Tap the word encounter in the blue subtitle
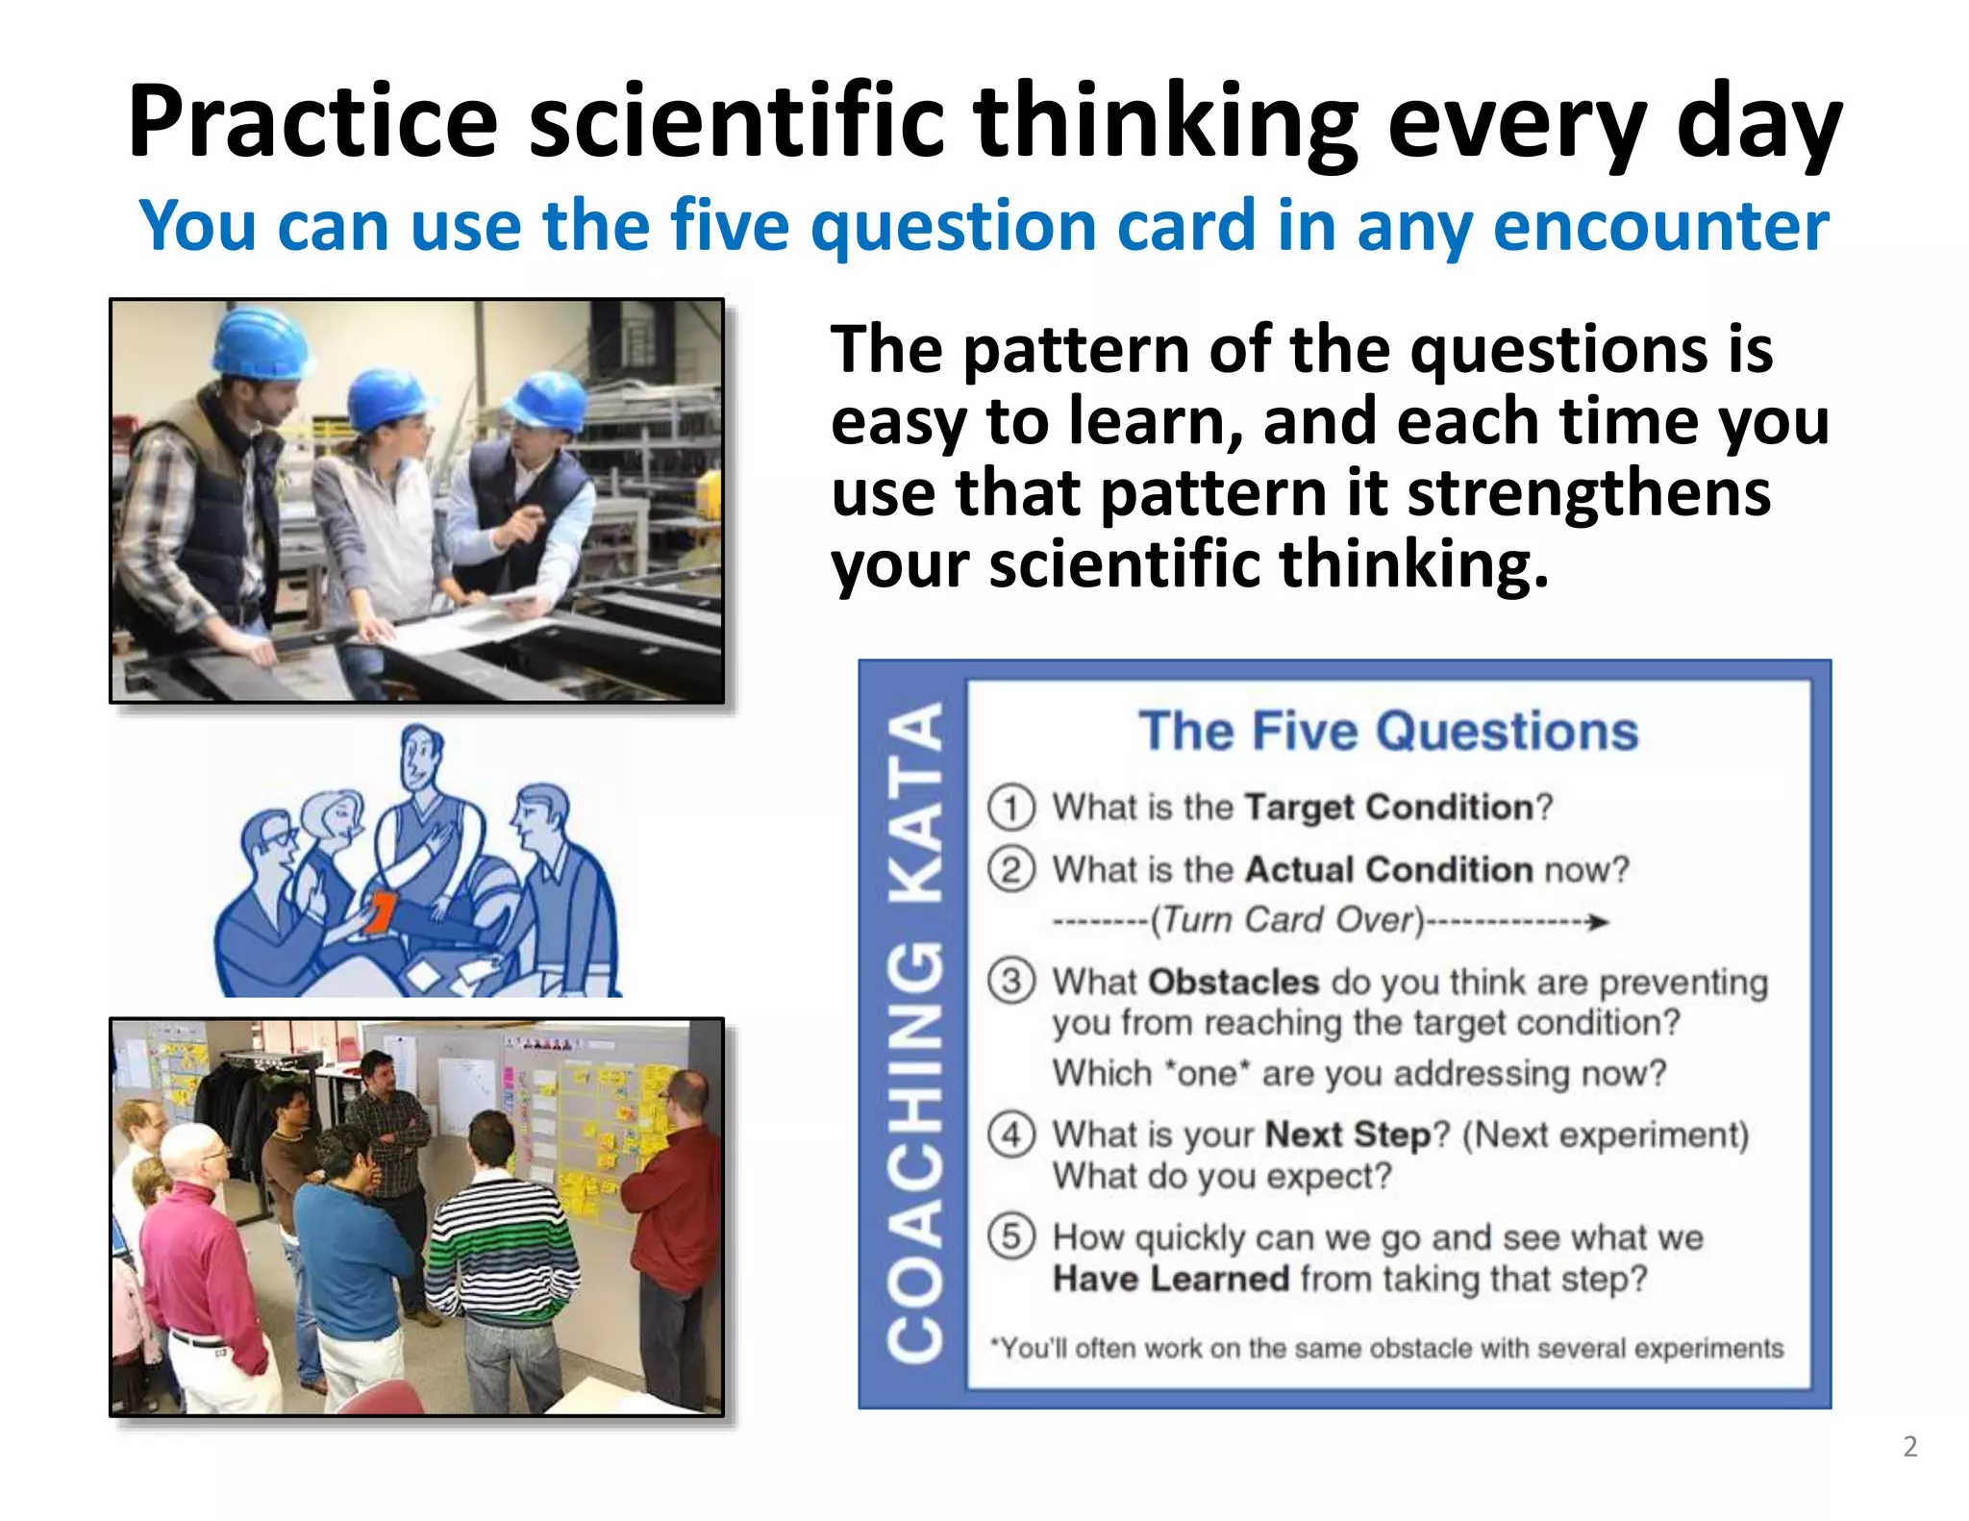coord(1660,226)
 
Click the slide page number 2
coord(1909,1447)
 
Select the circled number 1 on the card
coord(1011,808)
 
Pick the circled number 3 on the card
coord(1011,982)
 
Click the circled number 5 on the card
coord(1011,1236)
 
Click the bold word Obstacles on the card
coord(1233,982)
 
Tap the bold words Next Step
coord(1347,1135)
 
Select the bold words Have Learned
coord(1170,1280)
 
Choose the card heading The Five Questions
coord(1387,732)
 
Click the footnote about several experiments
coord(1387,1349)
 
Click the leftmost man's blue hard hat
coord(260,338)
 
